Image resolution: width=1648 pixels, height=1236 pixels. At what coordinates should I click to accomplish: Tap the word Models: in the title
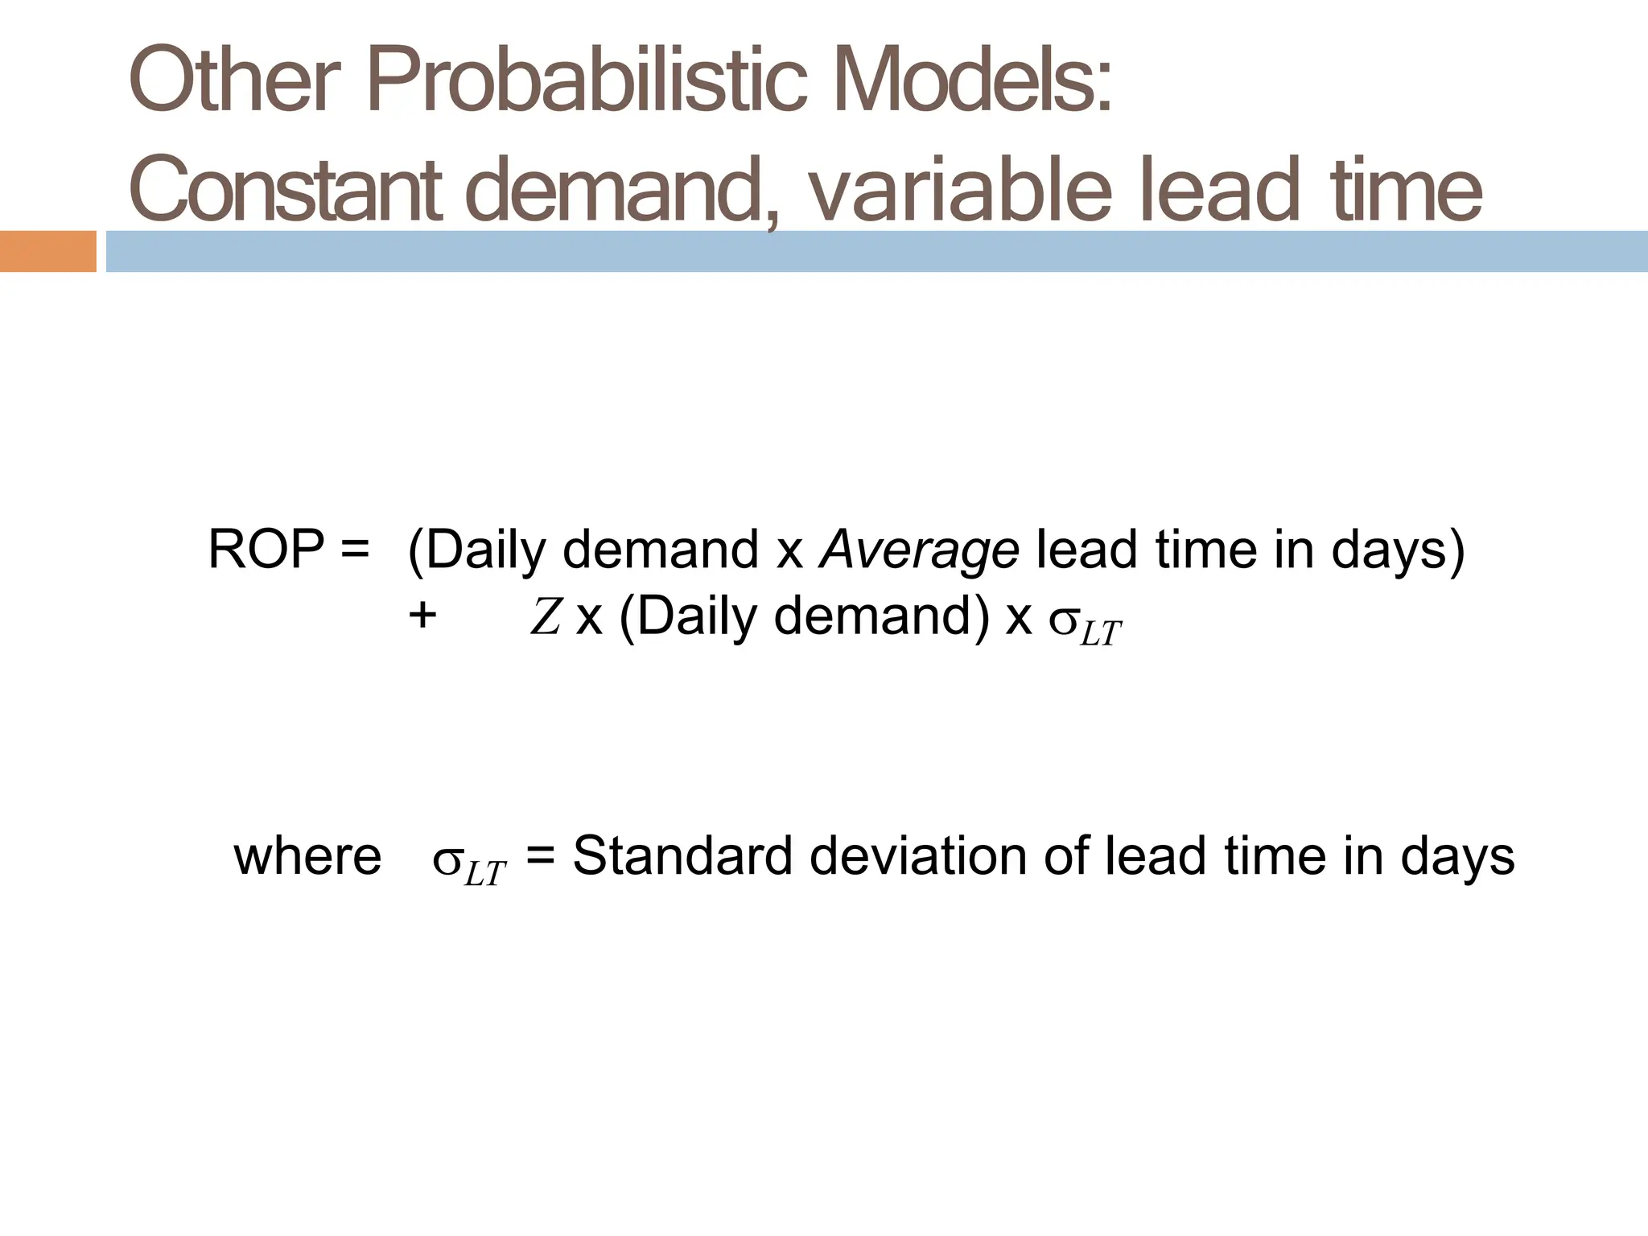[x=977, y=82]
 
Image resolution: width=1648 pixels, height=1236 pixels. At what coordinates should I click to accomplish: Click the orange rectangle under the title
[x=47, y=251]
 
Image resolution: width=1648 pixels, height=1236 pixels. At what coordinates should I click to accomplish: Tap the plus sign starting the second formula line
[x=422, y=617]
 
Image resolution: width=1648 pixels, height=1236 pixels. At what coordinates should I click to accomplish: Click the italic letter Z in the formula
[x=545, y=619]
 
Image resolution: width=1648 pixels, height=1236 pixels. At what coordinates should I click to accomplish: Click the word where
[x=307, y=856]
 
